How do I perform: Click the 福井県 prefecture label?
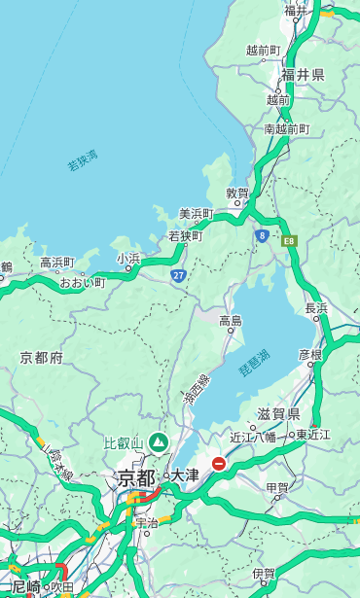click(x=304, y=74)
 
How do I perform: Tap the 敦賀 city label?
click(x=237, y=193)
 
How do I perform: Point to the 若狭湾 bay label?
click(x=82, y=160)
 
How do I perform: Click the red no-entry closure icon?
click(x=220, y=464)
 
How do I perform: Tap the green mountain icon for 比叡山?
click(x=158, y=442)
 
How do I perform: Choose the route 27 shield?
click(x=179, y=276)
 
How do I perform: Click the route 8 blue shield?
click(x=262, y=235)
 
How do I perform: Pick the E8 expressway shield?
click(x=289, y=239)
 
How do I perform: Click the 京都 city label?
click(x=136, y=477)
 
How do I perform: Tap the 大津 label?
click(x=185, y=475)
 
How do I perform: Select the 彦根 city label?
click(x=309, y=354)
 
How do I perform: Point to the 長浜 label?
click(x=317, y=308)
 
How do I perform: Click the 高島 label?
click(x=231, y=321)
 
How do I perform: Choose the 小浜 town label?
click(x=128, y=259)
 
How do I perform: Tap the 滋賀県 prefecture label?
click(x=278, y=412)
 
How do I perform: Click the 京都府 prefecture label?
click(x=41, y=358)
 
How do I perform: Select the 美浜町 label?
click(x=196, y=213)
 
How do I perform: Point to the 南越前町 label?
click(x=286, y=128)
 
